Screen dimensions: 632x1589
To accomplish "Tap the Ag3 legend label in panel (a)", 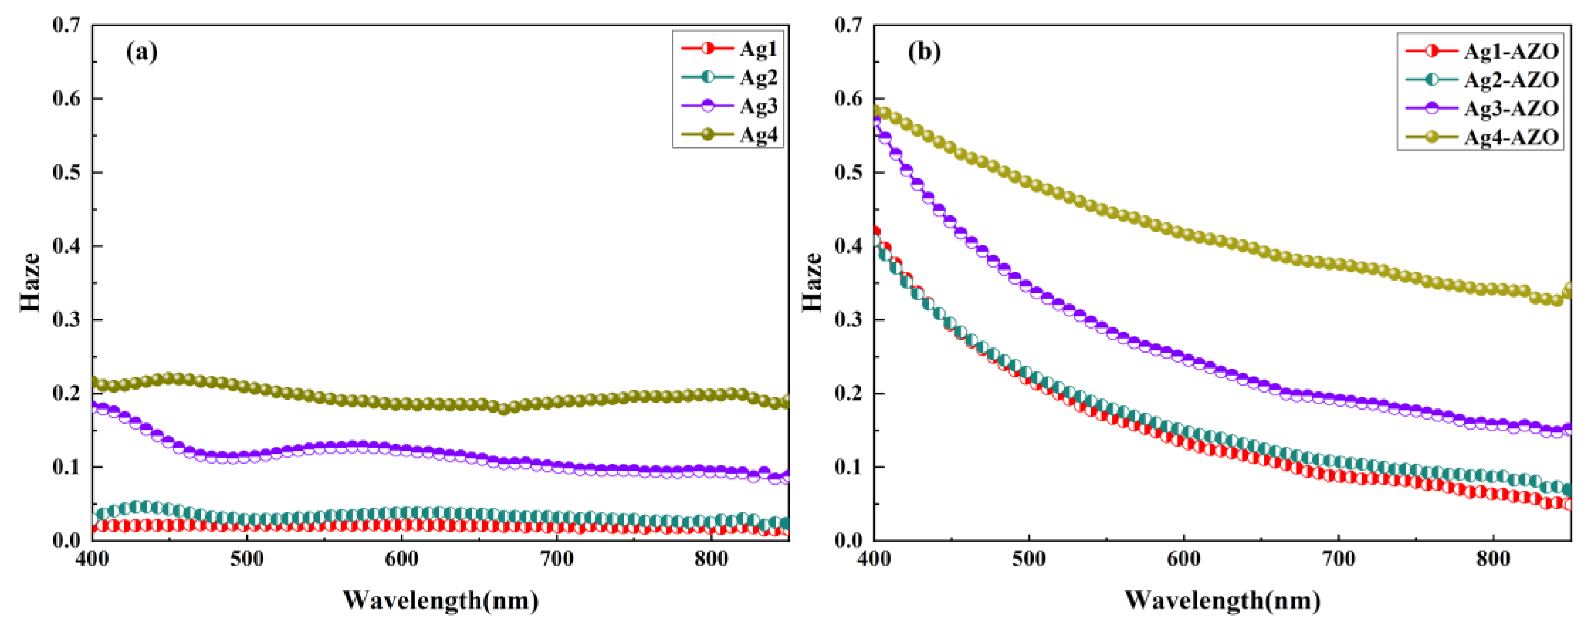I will click(x=758, y=106).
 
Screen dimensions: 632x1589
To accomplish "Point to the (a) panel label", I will click(x=141, y=53).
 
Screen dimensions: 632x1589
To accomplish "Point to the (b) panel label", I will click(x=924, y=53).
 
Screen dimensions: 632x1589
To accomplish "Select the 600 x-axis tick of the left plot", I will click(x=402, y=560).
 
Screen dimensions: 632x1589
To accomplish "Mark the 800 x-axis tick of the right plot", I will click(x=1493, y=560).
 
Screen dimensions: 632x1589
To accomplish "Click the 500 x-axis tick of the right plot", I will click(x=1029, y=560).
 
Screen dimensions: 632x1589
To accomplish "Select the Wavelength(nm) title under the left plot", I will click(x=440, y=600).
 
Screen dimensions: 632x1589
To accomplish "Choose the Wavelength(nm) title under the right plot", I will click(x=1222, y=600).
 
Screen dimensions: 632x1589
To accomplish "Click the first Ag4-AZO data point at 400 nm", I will click(x=875, y=112).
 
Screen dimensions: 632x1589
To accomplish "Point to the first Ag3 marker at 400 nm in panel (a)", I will click(x=94, y=406).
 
